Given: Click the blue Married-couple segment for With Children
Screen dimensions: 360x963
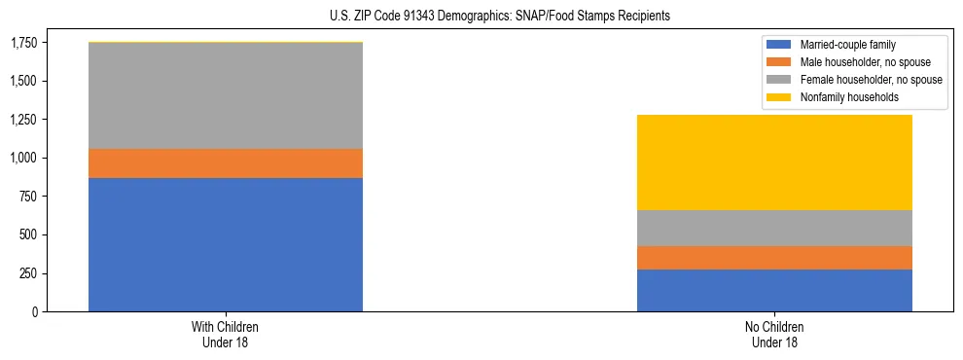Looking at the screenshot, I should click(x=226, y=244).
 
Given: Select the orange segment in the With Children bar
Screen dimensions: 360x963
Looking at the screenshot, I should click(x=226, y=163).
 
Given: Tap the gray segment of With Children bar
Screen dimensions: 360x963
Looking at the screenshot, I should click(x=226, y=96).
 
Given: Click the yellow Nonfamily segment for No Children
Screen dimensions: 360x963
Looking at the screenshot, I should click(x=774, y=162).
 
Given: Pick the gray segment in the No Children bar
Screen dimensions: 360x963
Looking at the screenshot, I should click(x=774, y=228).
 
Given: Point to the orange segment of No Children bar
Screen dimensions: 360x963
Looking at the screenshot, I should click(x=774, y=258).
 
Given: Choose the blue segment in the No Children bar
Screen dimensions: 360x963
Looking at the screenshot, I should click(x=774, y=290).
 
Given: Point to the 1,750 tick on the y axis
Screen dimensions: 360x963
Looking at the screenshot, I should click(x=23, y=43).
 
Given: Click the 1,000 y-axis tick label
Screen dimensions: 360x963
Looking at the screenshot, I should click(x=23, y=158).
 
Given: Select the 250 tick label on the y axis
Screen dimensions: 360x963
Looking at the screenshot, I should click(x=29, y=273).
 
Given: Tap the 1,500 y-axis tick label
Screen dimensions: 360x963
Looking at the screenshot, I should click(x=23, y=81).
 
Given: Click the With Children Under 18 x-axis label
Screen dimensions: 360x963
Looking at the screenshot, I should click(x=226, y=334).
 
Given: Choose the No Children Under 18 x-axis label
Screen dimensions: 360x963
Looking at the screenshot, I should click(x=774, y=334).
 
